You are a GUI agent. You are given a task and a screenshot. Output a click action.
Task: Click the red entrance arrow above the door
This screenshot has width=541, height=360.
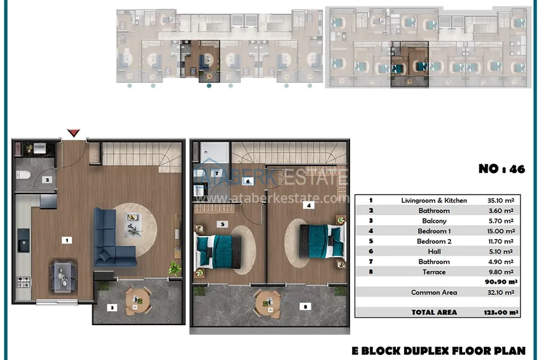(73, 132)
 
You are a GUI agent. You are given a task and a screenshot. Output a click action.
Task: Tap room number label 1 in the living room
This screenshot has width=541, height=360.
(67, 240)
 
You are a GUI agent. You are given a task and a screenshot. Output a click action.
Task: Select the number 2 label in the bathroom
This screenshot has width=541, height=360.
(47, 179)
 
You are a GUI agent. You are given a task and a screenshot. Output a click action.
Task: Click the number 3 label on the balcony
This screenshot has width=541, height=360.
(112, 307)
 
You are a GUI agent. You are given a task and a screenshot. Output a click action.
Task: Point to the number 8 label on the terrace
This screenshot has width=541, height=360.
(306, 306)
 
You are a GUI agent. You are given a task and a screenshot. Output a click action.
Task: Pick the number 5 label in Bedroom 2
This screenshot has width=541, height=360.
(223, 224)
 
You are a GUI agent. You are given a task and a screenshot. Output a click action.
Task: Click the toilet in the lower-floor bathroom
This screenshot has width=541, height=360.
(23, 175)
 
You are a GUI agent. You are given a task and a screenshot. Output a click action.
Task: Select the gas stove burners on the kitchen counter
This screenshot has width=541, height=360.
(24, 282)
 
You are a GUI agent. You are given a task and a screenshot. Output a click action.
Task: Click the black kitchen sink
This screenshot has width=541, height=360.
(24, 240)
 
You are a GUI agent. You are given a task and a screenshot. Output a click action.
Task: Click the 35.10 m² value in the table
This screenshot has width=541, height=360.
(501, 200)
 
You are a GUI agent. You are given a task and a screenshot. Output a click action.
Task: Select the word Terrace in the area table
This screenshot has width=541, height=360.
(434, 272)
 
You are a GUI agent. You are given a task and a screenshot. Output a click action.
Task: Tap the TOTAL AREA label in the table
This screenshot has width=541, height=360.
(434, 312)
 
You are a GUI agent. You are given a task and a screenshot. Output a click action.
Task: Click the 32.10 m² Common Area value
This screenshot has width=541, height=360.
(501, 293)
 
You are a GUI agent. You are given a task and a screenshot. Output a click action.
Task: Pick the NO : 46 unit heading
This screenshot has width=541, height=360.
(502, 169)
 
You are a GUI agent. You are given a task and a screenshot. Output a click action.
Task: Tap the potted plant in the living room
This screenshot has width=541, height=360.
(174, 268)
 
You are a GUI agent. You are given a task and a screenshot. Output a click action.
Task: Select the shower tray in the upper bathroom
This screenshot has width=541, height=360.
(214, 152)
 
